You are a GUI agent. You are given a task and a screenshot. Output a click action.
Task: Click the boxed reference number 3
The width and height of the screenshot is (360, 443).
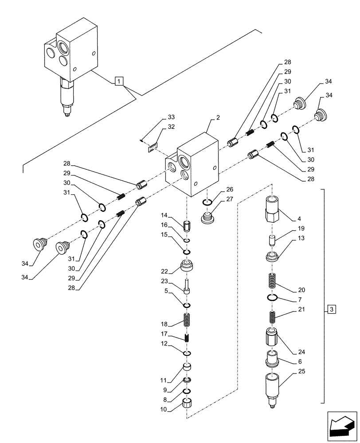point(332,309)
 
